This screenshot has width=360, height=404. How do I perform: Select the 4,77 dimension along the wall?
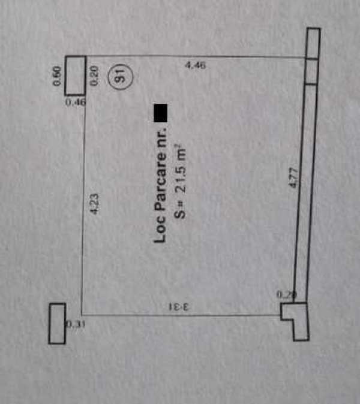point(294,179)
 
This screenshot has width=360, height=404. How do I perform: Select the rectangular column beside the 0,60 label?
point(75,75)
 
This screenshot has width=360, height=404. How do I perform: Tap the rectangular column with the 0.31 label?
point(57,324)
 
